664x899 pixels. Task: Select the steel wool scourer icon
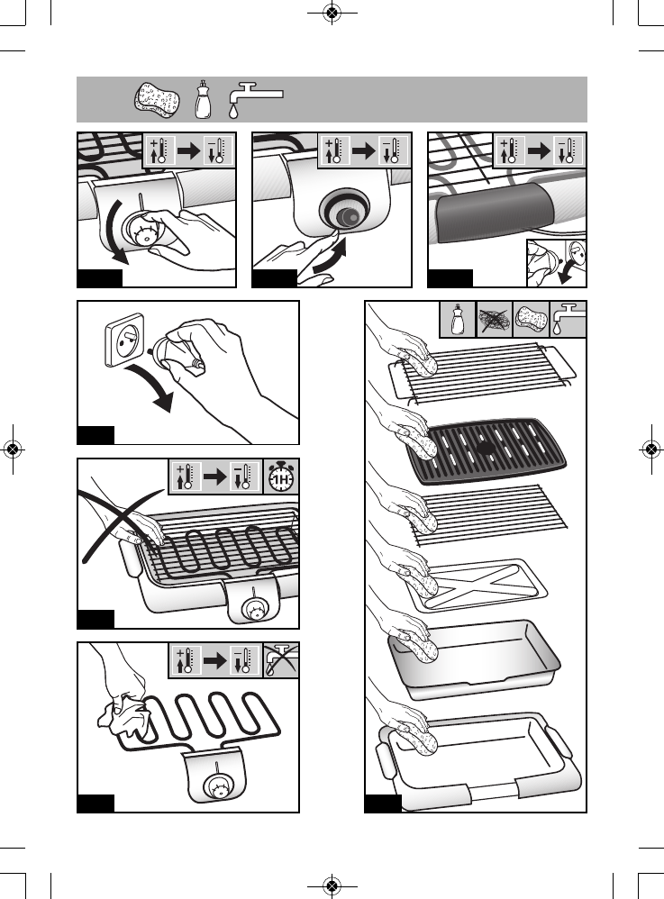point(494,319)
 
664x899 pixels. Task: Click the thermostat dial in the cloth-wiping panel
point(218,786)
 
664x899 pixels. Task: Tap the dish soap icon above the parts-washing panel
point(458,319)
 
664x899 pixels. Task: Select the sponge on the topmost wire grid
point(420,366)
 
